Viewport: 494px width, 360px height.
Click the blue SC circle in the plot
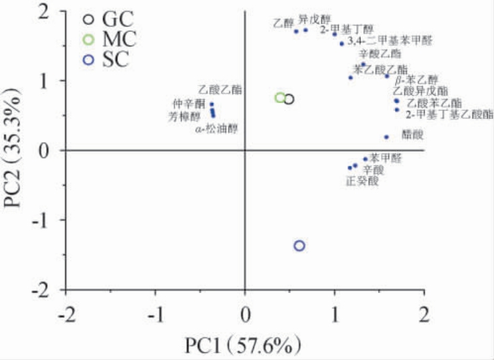click(x=299, y=246)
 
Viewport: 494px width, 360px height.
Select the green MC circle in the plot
click(x=280, y=98)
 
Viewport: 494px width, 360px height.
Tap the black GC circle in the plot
click(x=289, y=100)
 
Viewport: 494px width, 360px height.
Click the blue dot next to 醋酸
click(x=386, y=137)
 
